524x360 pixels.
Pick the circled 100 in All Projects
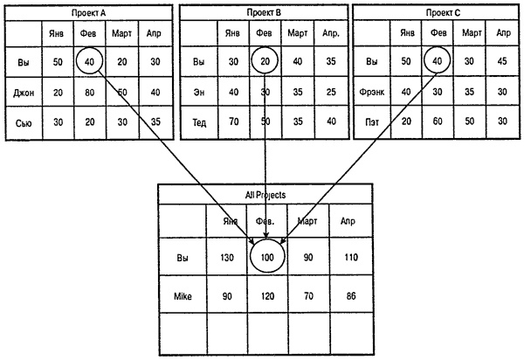(x=268, y=258)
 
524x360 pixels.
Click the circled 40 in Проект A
(x=89, y=63)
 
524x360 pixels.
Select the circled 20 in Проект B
(x=264, y=63)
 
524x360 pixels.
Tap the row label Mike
(x=183, y=297)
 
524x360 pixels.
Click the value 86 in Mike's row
(x=349, y=297)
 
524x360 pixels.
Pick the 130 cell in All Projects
(x=227, y=259)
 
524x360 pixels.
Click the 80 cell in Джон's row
(x=89, y=92)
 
